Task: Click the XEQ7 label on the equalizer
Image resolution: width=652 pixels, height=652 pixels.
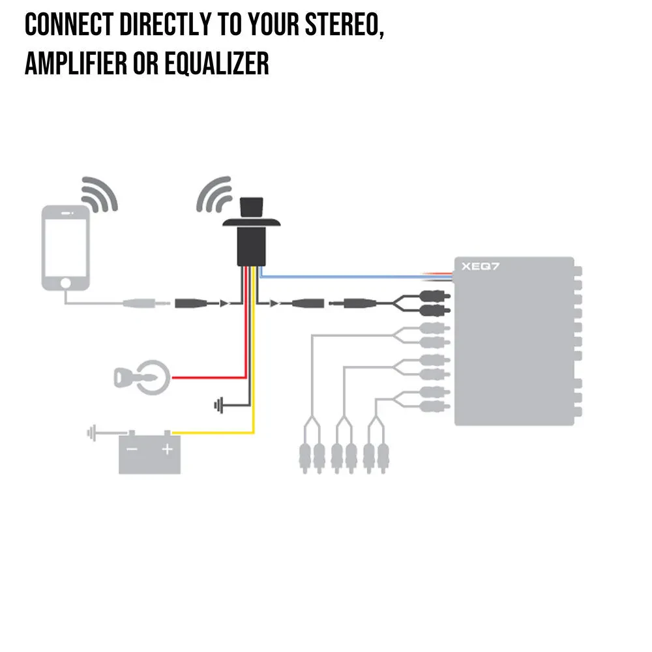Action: [x=477, y=266]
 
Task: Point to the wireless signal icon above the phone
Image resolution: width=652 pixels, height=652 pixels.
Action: [x=99, y=193]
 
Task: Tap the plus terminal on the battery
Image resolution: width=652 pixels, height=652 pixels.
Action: [x=168, y=449]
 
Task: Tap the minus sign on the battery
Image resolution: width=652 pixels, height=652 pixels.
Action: [x=132, y=449]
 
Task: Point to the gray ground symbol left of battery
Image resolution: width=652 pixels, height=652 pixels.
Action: [x=93, y=432]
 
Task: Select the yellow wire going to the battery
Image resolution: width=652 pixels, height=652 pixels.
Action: [x=215, y=432]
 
